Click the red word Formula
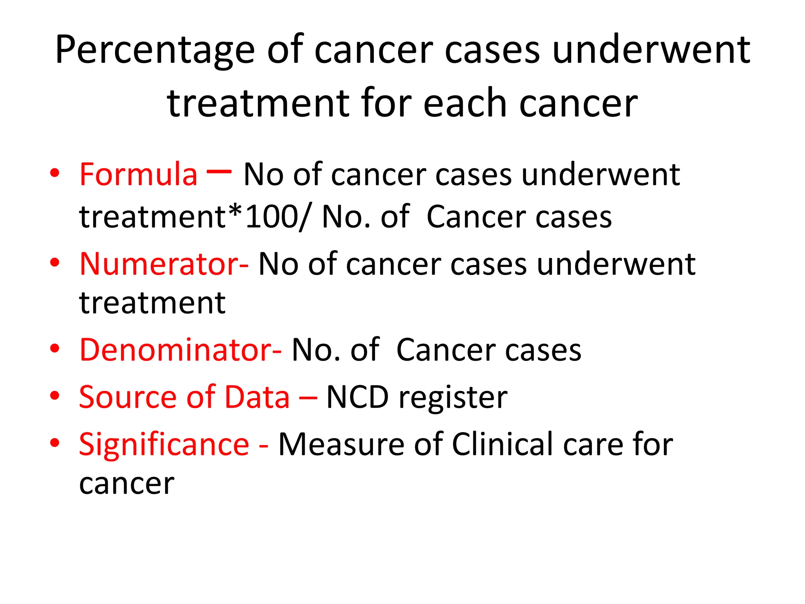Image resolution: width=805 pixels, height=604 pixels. click(x=138, y=174)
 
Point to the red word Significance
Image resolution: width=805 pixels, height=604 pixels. click(x=164, y=444)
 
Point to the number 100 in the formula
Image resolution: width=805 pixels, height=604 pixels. click(x=271, y=217)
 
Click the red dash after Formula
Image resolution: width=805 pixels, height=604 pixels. click(x=219, y=171)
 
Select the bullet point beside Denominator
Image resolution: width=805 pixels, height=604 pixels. click(x=55, y=348)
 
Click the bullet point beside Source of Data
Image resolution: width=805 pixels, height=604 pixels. click(x=55, y=396)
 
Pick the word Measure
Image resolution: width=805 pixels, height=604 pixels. click(x=341, y=444)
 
